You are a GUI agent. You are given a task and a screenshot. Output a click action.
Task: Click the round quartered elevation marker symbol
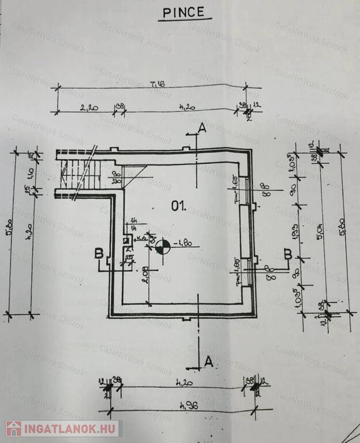[x=163, y=247]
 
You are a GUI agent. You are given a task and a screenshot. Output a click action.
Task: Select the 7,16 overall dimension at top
[x=156, y=84]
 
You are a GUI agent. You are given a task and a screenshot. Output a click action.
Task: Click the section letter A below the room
[x=209, y=362]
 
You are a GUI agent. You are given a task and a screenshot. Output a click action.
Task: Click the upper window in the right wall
[x=246, y=190]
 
